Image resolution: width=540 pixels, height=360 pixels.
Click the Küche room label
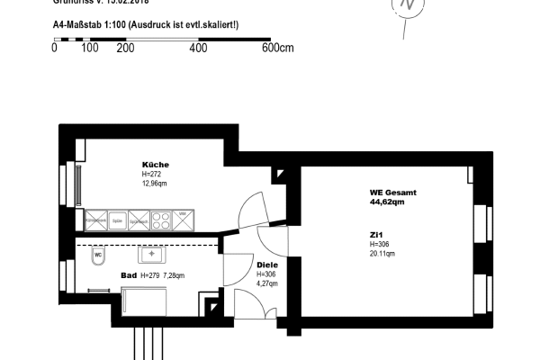point(155,165)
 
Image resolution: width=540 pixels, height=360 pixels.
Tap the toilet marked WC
point(97,256)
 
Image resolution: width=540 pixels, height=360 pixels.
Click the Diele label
point(267,265)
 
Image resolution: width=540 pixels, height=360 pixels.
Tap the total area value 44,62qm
point(387,202)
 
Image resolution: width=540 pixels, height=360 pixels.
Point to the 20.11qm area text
point(382,253)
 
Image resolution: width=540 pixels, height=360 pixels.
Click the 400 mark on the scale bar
point(198,49)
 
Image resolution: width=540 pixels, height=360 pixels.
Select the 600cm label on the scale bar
point(277,49)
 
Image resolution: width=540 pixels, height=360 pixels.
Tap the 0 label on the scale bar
point(55,49)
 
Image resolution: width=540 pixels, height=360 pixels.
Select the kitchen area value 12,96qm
point(155,183)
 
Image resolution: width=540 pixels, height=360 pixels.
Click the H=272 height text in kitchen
point(153,174)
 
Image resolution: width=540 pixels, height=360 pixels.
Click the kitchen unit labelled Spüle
point(116,218)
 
